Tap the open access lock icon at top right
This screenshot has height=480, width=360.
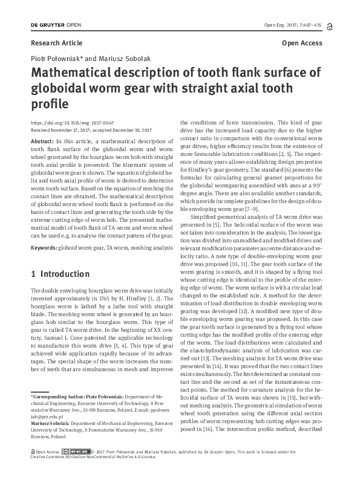(329, 26)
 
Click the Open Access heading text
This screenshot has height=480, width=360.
(302, 44)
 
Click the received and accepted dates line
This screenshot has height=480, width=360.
(91, 129)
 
